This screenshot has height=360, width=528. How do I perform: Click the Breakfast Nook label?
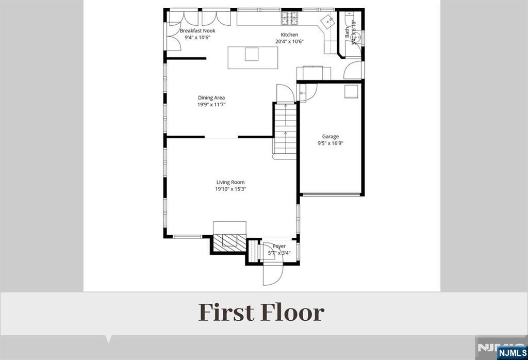point(197,31)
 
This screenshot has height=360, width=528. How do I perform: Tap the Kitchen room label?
point(286,35)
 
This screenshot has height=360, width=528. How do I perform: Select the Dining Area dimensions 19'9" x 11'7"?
point(211,105)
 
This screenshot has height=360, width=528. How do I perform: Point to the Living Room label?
point(230,182)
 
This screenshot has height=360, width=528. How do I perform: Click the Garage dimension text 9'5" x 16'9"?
point(331,144)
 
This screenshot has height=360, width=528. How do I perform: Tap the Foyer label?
point(279,247)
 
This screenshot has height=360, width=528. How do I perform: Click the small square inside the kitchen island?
point(251,54)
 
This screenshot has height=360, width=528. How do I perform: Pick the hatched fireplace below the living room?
point(228,242)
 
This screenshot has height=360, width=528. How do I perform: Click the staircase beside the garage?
point(285,129)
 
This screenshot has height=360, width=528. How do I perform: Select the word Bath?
point(347,32)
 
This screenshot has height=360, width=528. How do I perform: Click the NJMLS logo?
point(511,353)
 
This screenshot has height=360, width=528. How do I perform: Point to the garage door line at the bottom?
point(331,194)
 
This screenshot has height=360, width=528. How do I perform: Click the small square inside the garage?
point(351,91)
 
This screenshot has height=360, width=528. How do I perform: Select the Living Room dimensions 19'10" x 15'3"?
point(230,189)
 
